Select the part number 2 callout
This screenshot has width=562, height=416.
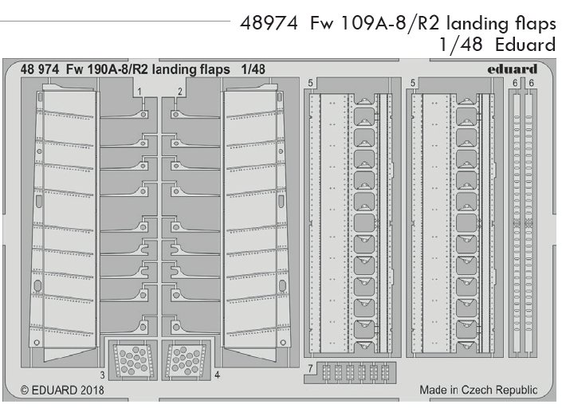182,92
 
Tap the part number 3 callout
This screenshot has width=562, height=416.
103,374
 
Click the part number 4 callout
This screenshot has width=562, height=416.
217,374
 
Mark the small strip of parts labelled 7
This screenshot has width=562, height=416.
356,371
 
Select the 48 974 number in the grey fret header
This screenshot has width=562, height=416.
39,69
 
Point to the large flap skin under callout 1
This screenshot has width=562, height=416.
69,215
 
